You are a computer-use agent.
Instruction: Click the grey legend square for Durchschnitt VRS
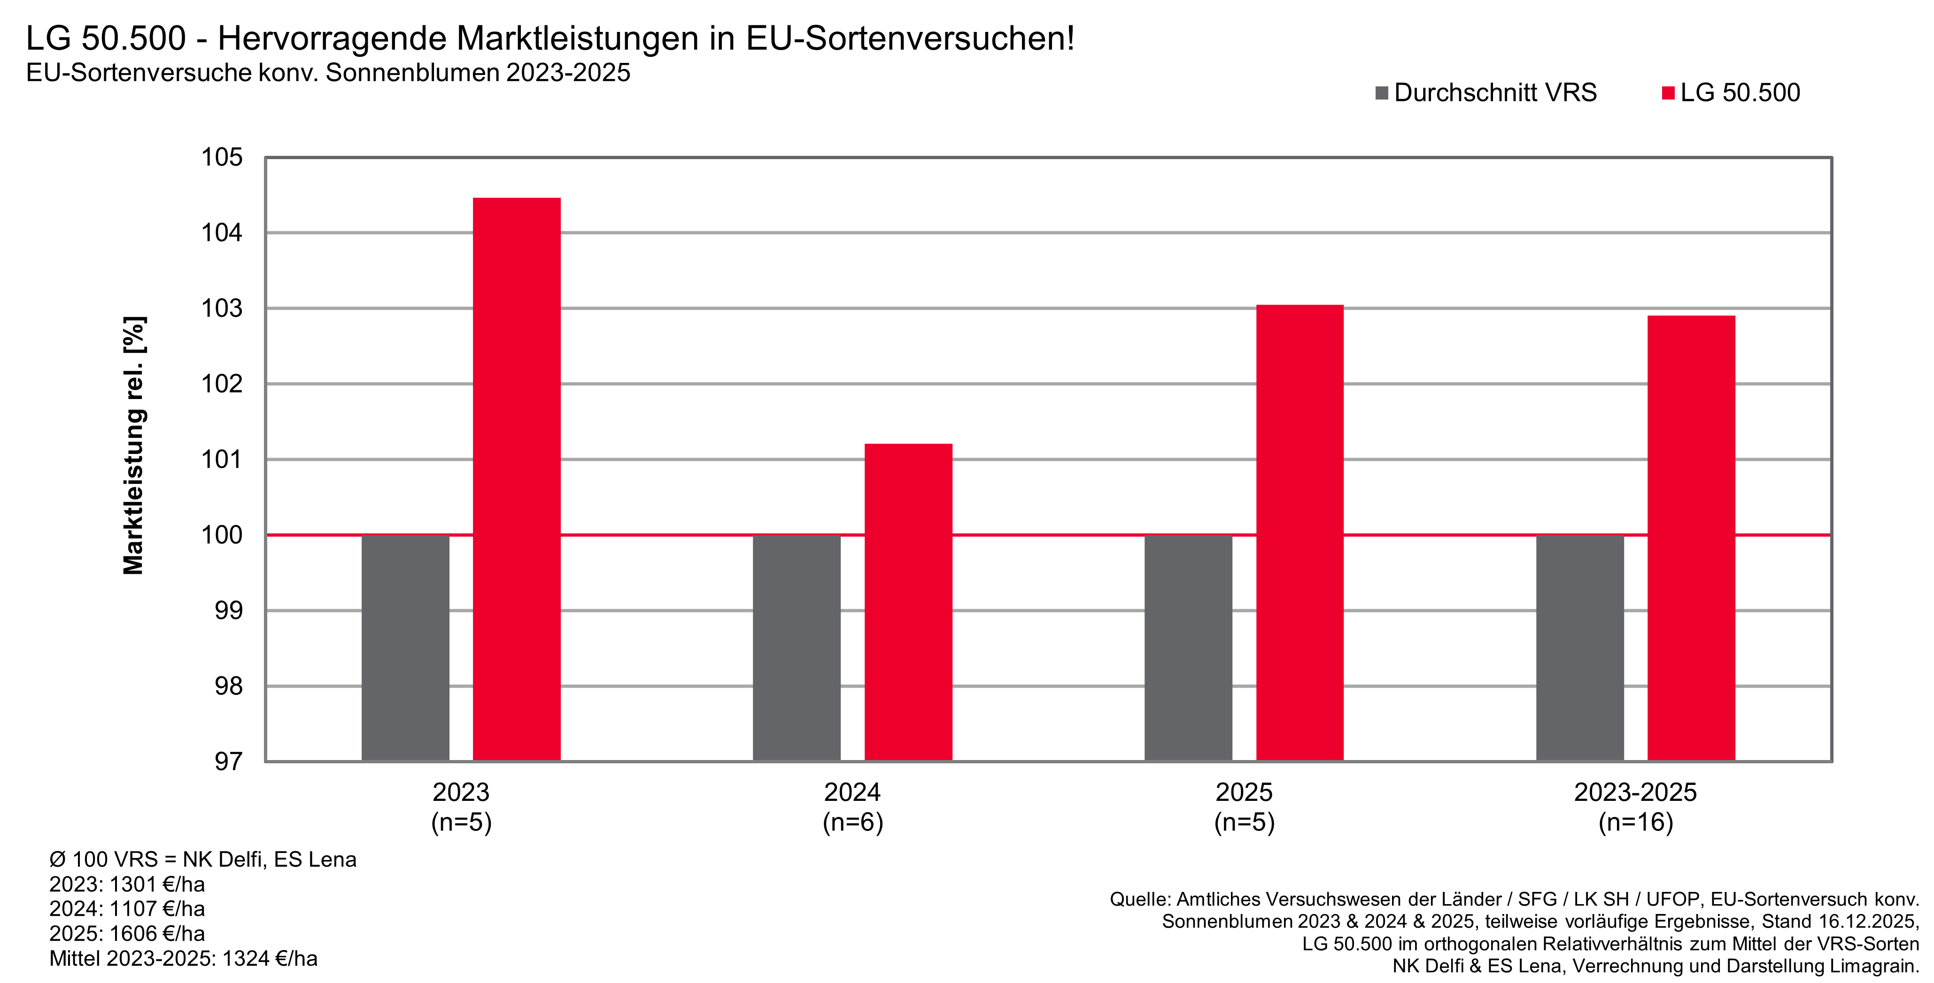pyautogui.click(x=1381, y=93)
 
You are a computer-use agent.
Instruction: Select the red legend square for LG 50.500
pyautogui.click(x=1668, y=93)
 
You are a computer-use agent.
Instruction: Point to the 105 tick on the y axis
pyautogui.click(x=222, y=158)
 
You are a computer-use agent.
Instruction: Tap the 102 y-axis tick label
pyautogui.click(x=222, y=384)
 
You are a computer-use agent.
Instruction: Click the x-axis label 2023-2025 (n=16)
pyautogui.click(x=1635, y=806)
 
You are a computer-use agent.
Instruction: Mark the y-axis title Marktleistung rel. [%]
pyautogui.click(x=134, y=445)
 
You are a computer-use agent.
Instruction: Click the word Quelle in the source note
pyautogui.click(x=1140, y=899)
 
